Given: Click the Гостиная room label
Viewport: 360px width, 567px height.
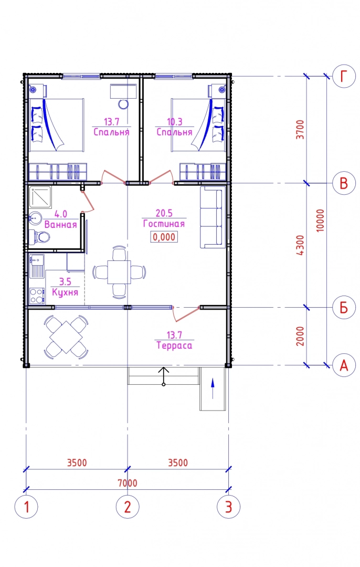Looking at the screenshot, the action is coord(164,224).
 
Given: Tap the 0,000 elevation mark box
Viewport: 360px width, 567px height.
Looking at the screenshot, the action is coord(164,237).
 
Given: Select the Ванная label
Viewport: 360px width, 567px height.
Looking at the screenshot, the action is coord(61,225).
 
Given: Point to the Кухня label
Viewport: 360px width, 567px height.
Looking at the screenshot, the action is coord(65,292).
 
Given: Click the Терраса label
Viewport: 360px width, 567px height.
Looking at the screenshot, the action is coord(174,345).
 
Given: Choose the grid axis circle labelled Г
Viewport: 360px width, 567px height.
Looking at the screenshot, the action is coord(344,76).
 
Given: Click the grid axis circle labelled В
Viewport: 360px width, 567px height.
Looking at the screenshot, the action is coord(344,183).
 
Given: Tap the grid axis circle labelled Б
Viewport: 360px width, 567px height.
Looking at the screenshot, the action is coord(344,307).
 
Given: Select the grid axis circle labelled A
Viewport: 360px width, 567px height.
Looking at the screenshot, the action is coord(344,365).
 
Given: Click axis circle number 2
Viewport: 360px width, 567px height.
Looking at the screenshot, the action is coord(127,507).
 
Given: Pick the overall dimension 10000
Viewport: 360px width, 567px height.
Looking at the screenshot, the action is coord(320,220).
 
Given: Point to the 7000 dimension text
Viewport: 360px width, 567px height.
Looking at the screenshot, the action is coord(128,483).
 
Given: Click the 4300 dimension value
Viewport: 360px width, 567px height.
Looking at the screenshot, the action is coord(300,245).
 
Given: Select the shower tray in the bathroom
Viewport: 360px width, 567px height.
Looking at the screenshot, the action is coord(40,197).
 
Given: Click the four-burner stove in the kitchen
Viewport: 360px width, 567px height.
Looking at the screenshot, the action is coord(37,296).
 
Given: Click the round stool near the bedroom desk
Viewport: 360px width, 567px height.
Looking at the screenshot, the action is coord(123,104).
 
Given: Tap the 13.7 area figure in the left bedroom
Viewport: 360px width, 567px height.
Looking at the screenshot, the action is coord(111,122).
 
